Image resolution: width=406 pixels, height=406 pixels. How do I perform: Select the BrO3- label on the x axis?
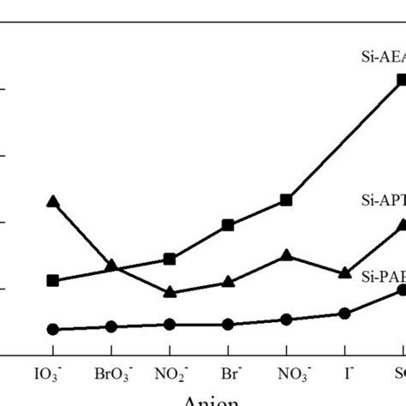click(x=111, y=375)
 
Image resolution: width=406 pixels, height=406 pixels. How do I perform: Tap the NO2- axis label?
click(x=170, y=375)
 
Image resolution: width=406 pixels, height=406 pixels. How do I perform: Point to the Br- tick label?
click(x=228, y=374)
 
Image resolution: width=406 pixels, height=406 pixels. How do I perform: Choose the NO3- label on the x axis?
click(x=287, y=375)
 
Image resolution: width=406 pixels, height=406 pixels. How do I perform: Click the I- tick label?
click(x=345, y=374)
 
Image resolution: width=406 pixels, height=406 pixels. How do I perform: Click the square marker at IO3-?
click(x=53, y=280)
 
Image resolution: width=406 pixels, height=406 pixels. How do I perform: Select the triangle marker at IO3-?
click(x=53, y=202)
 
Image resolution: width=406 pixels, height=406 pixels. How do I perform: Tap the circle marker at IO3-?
click(x=53, y=329)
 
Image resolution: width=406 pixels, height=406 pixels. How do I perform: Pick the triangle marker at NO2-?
click(x=170, y=292)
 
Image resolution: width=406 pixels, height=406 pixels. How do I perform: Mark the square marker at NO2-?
click(x=170, y=259)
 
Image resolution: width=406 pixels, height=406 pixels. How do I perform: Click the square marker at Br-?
click(x=228, y=224)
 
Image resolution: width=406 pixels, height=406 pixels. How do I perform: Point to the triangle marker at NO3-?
click(x=287, y=255)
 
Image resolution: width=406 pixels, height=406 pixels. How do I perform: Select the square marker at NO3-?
click(x=287, y=200)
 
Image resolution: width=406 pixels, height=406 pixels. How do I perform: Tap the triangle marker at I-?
click(x=345, y=273)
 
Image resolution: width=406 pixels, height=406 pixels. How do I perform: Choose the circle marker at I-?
click(x=345, y=313)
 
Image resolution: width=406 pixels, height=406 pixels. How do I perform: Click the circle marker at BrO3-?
click(x=111, y=326)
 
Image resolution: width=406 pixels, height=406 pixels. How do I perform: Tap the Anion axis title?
click(x=205, y=399)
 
